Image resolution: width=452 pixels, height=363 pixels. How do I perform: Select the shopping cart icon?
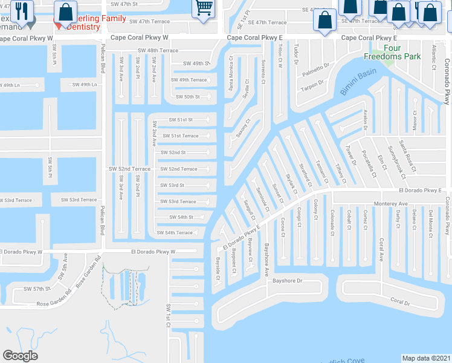pyautogui.click(x=204, y=8)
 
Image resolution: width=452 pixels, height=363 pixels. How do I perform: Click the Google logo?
pyautogui.click(x=20, y=356)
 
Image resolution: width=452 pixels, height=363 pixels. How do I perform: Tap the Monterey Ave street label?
pyautogui.click(x=391, y=204)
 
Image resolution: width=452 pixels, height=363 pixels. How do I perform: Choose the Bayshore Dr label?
pyautogui.click(x=287, y=281)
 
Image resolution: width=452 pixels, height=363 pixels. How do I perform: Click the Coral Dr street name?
pyautogui.click(x=399, y=301)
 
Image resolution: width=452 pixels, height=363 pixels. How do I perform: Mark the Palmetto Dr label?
pyautogui.click(x=318, y=70)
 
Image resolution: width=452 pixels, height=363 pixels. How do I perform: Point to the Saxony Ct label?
pyautogui.click(x=244, y=127)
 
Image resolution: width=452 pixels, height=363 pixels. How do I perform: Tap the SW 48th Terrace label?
pyautogui.click(x=158, y=51)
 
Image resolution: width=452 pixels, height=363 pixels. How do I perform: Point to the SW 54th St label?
pyautogui.click(x=181, y=217)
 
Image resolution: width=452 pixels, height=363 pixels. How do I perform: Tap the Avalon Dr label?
pyautogui.click(x=366, y=119)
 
